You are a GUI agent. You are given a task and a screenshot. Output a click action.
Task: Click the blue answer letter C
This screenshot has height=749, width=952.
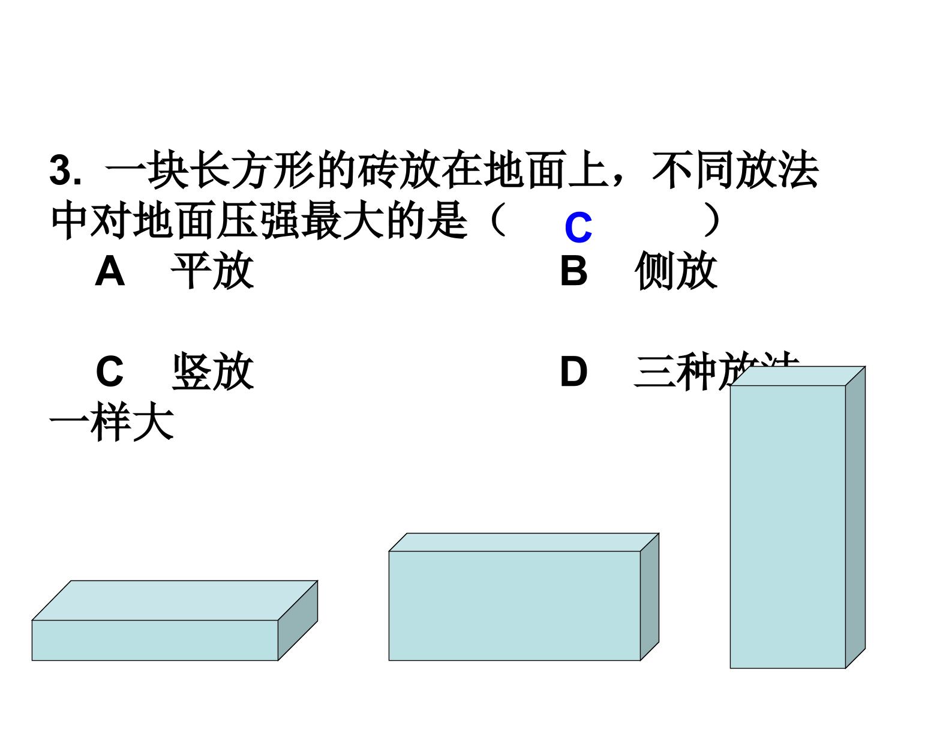click(578, 228)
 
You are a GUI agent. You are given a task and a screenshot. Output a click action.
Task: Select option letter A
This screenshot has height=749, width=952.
click(110, 271)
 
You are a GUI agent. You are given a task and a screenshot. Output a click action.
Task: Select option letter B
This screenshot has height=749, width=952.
click(573, 271)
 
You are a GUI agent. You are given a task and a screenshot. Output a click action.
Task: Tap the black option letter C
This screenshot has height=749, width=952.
click(110, 371)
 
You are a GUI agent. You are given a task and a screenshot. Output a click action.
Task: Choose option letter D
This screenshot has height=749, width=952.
click(573, 371)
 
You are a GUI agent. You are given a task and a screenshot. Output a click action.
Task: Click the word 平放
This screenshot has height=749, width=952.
click(212, 271)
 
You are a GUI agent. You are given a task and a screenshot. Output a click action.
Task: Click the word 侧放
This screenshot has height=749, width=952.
click(676, 271)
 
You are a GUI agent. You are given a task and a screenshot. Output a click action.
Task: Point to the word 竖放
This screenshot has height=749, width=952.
click(212, 371)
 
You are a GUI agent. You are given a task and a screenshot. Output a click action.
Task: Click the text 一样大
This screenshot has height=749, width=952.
click(112, 423)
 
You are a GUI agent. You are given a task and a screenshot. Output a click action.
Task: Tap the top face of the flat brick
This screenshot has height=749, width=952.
click(174, 600)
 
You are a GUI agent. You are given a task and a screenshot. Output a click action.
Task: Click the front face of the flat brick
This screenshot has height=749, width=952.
click(155, 640)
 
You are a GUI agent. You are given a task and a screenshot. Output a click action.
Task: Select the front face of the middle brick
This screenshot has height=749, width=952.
click(514, 606)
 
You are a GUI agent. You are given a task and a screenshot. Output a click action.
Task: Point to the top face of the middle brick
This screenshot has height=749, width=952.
click(523, 543)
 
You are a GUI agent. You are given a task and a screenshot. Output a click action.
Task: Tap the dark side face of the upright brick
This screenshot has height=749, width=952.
click(855, 516)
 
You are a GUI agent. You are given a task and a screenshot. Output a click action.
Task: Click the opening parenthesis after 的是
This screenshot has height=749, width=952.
click(497, 221)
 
